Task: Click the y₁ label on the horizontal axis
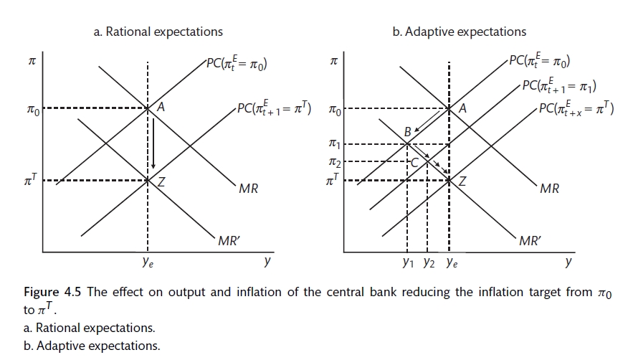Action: pos(407,263)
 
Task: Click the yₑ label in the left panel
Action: pos(146,263)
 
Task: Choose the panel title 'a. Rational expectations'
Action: pos(158,32)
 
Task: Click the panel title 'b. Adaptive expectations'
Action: pos(460,32)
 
